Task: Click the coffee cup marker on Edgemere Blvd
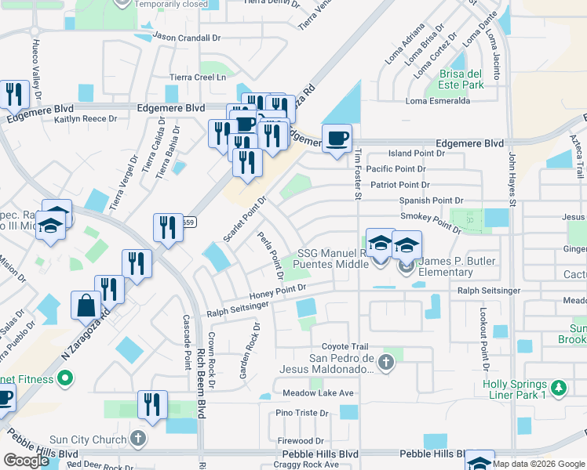click(337, 139)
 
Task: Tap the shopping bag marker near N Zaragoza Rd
click(85, 306)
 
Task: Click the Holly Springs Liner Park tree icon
click(558, 388)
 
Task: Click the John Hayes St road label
click(512, 180)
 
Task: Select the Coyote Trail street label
click(345, 347)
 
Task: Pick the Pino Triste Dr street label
click(301, 413)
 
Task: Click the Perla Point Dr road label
click(269, 255)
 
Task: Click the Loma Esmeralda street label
click(437, 101)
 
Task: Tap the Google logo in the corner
click(26, 461)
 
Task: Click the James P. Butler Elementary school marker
click(407, 246)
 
